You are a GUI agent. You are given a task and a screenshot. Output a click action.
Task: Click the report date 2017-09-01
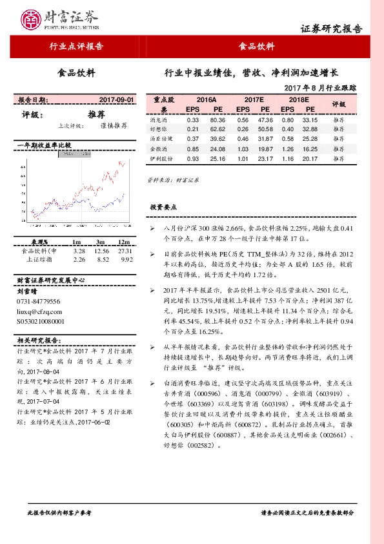117,100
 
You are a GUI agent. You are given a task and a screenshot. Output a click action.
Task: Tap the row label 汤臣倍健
161,138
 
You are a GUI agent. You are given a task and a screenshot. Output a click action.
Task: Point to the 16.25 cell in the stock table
310,148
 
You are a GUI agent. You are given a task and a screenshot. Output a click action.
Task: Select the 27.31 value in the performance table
125,251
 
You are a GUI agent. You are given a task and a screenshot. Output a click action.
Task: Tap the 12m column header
125,242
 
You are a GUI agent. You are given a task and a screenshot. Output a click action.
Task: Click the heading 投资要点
163,207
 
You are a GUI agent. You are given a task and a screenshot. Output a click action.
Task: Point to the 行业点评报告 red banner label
76,47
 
